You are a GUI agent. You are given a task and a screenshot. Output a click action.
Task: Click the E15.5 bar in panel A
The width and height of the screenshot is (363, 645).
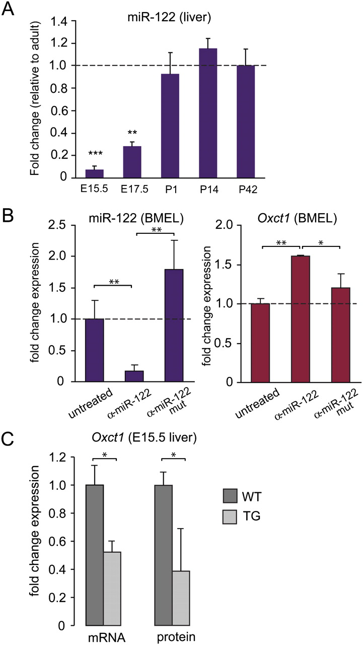pyautogui.click(x=94, y=173)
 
